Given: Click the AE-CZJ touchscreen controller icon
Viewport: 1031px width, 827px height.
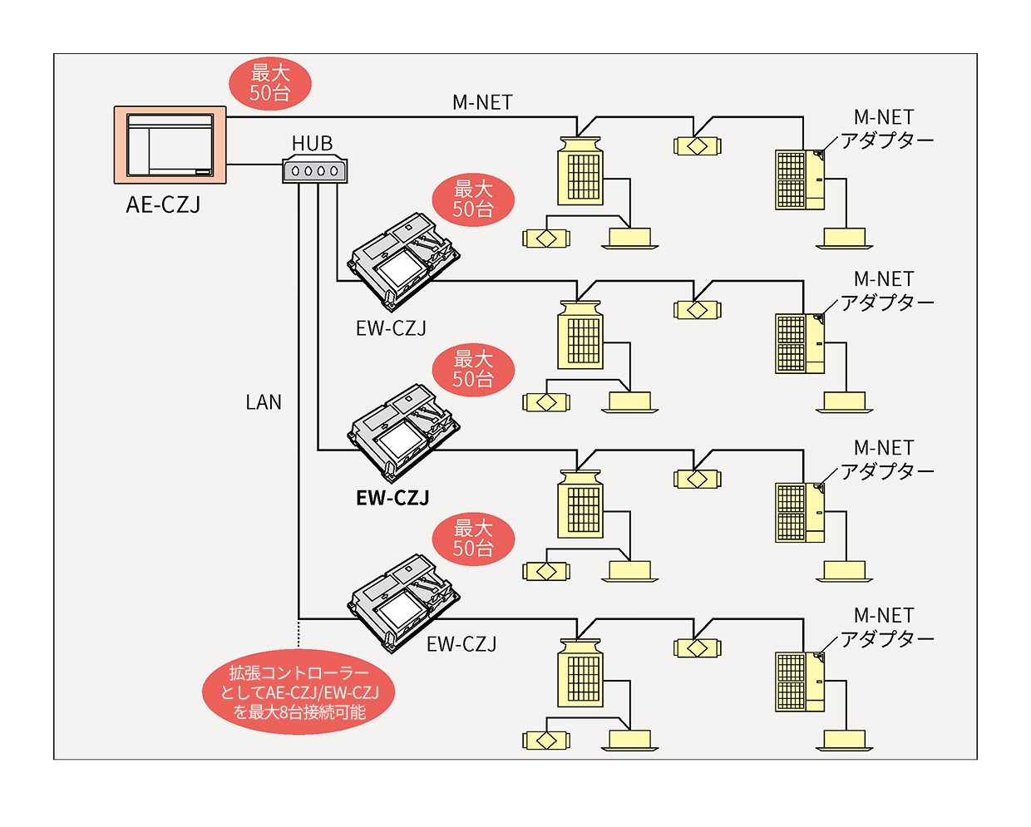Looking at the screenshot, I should [170, 145].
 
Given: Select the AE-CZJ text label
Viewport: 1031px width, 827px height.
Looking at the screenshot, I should [163, 204].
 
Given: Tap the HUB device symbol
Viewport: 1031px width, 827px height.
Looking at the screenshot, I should [314, 170].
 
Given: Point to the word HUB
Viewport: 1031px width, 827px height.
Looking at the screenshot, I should [312, 144].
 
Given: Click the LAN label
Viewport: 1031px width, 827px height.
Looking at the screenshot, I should [264, 402].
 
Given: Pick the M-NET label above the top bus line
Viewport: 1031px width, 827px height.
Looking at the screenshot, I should [482, 102].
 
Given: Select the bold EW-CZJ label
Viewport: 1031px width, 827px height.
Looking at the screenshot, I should [392, 498].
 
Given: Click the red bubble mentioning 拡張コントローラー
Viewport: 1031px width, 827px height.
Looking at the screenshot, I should [298, 692].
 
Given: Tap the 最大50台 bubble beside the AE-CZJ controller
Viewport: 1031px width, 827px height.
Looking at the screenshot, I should [270, 83].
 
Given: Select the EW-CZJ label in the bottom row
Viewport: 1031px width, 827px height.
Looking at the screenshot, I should [461, 644].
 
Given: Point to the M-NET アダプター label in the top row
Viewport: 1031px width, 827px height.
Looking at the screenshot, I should [886, 129].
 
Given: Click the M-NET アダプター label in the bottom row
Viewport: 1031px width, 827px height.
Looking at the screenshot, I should [886, 628].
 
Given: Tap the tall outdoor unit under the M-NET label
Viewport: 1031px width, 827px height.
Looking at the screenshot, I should [580, 171].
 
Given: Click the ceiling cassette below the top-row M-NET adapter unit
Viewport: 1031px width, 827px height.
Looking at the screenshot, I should [845, 239].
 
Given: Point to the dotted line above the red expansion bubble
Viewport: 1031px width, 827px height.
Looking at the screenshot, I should [298, 634].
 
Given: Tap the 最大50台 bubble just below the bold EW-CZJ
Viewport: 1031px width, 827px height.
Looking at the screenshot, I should [473, 539].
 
